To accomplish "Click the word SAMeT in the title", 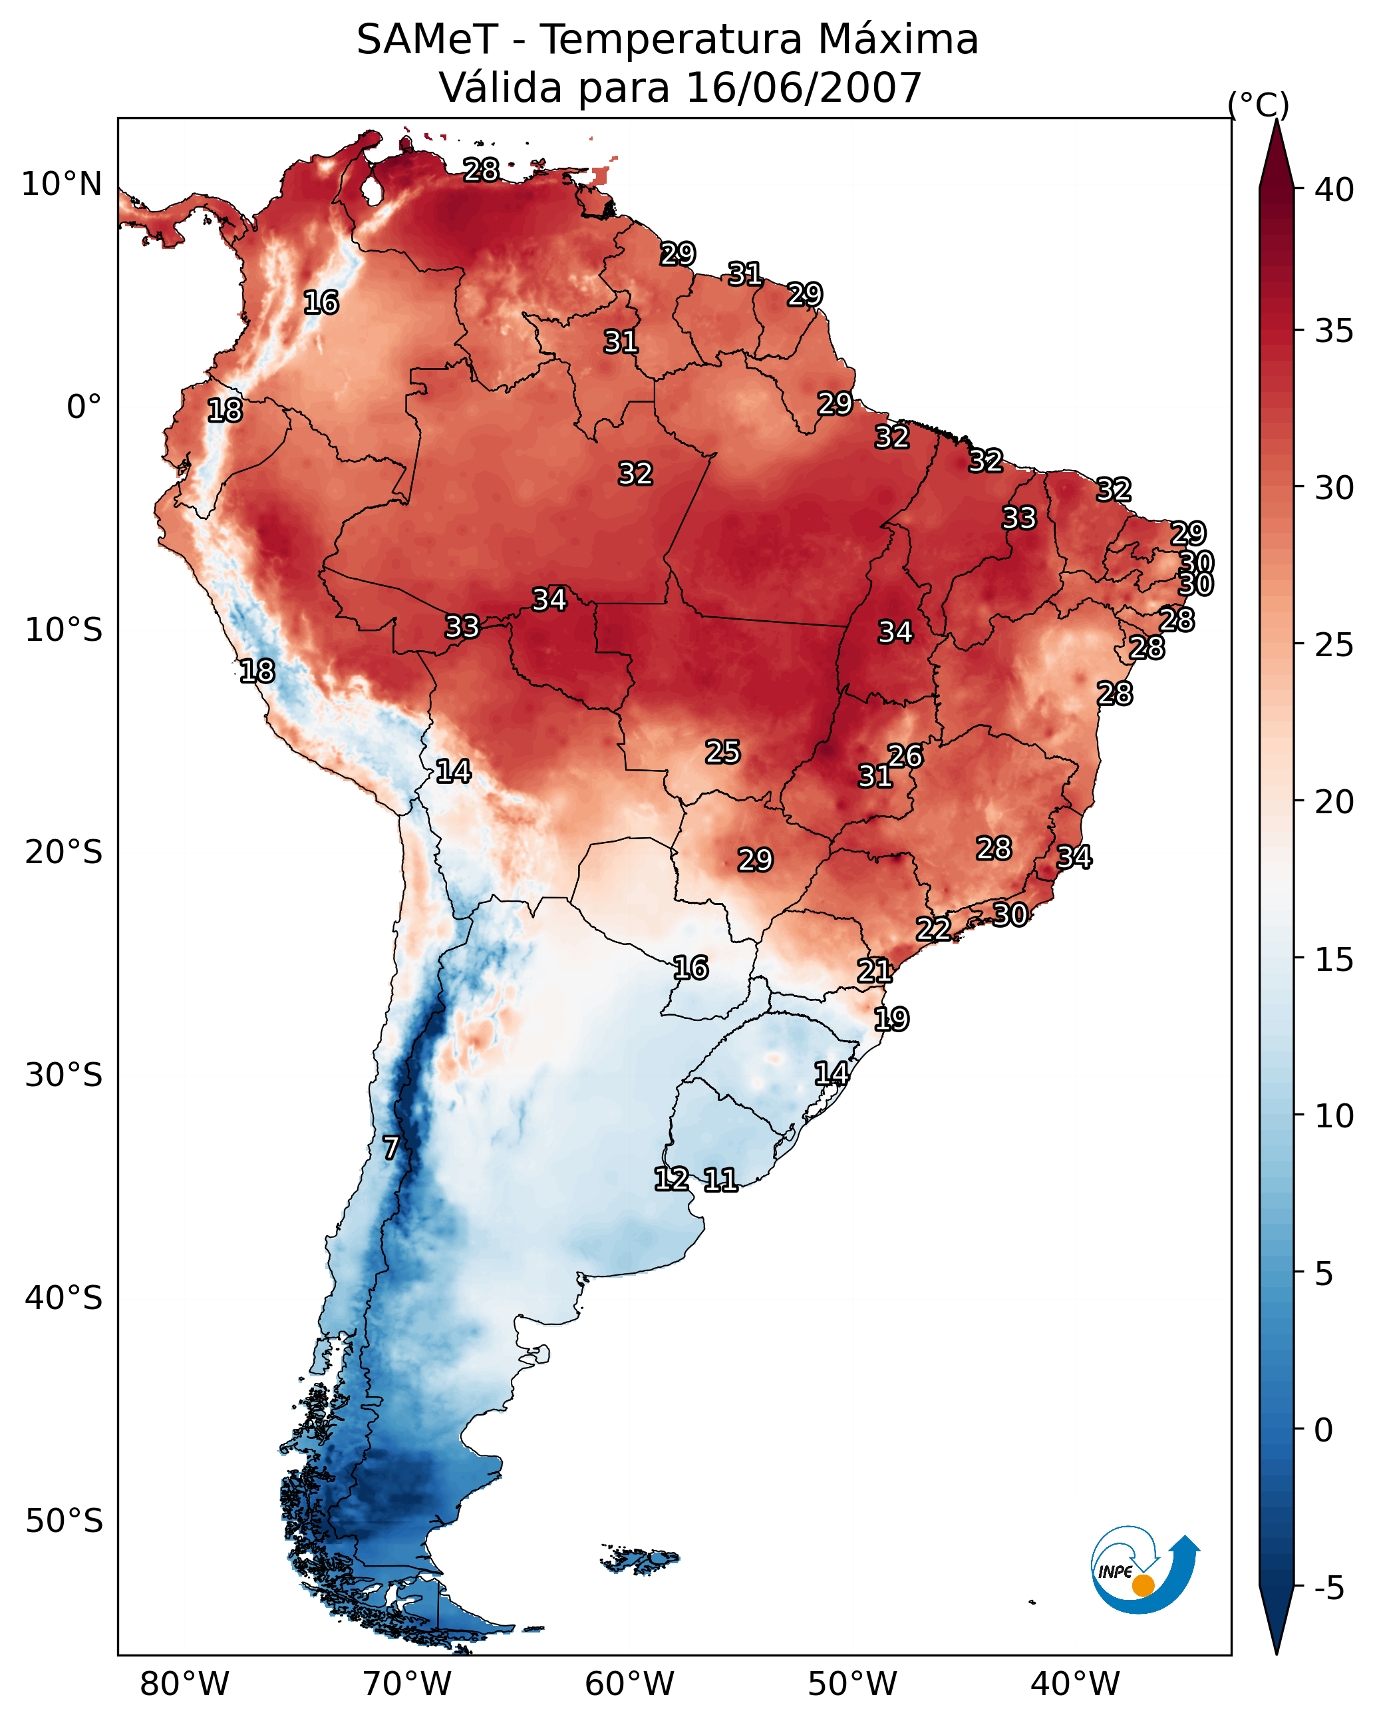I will point(427,40).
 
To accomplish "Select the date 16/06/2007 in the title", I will point(804,88).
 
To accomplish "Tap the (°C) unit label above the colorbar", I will point(1259,104).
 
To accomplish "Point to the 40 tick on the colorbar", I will point(1334,190).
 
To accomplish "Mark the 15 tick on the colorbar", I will point(1334,959).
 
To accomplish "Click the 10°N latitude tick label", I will point(61,184).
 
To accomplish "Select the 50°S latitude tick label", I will point(64,1521).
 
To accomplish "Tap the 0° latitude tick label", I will point(84,407).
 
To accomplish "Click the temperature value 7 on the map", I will point(390,1148).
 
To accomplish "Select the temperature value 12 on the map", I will point(671,1179).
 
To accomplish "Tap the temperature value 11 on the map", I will point(720,1180).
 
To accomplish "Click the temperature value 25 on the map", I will point(722,752).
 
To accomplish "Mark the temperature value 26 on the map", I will point(905,756).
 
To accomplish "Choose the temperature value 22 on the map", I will point(933,929).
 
